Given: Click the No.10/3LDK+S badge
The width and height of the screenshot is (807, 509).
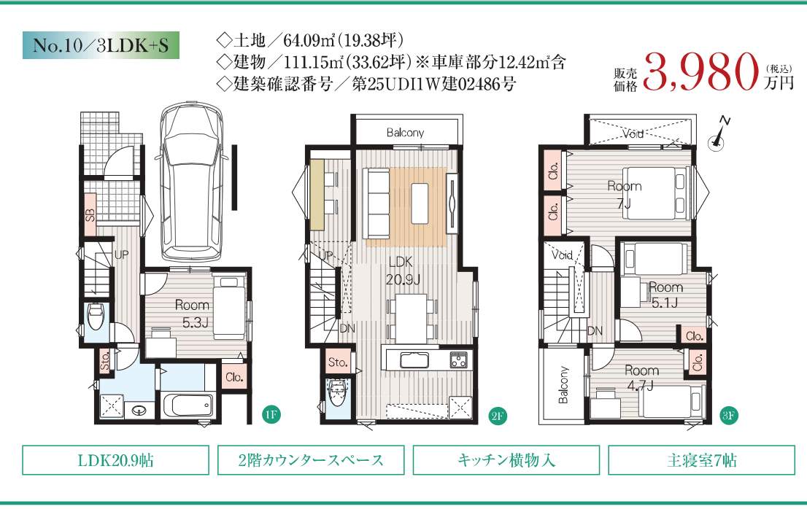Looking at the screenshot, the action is pyautogui.click(x=101, y=45).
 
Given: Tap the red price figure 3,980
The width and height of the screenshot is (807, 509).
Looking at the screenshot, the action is pyautogui.click(x=701, y=72).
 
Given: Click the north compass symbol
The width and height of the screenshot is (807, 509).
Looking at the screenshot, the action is pyautogui.click(x=719, y=135).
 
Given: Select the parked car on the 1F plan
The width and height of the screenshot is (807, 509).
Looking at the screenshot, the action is pyautogui.click(x=190, y=182).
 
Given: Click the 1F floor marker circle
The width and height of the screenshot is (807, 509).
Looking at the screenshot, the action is pyautogui.click(x=271, y=414).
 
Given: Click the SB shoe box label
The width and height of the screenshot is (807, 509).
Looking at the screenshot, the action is pyautogui.click(x=90, y=215).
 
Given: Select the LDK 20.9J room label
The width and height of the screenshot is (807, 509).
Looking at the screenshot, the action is pyautogui.click(x=403, y=271).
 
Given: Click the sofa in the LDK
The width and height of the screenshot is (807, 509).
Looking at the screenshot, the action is pyautogui.click(x=376, y=203).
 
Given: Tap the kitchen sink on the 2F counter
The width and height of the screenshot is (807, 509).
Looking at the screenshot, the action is pyautogui.click(x=414, y=360).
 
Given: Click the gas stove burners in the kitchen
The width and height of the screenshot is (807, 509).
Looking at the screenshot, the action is pyautogui.click(x=458, y=360).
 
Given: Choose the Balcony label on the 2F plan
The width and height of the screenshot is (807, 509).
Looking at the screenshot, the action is pyautogui.click(x=405, y=133).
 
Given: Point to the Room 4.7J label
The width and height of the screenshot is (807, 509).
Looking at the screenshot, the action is pyautogui.click(x=641, y=378).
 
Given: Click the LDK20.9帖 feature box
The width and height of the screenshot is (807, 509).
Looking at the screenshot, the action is pyautogui.click(x=115, y=460).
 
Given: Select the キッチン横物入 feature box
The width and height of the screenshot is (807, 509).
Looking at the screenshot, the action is pyautogui.click(x=506, y=460).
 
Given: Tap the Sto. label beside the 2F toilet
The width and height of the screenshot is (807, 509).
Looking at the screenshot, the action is pyautogui.click(x=338, y=362).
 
